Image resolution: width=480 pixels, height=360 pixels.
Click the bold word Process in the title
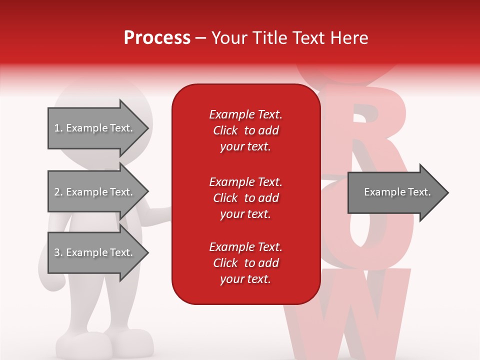pyautogui.click(x=157, y=38)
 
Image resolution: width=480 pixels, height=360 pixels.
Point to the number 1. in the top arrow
pyautogui.click(x=58, y=128)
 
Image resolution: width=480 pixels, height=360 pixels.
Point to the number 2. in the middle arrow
pyautogui.click(x=58, y=192)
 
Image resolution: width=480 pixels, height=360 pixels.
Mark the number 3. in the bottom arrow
pyautogui.click(x=58, y=252)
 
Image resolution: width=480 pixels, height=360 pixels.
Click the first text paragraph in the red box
pyautogui.click(x=245, y=130)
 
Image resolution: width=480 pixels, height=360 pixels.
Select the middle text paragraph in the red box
pyautogui.click(x=245, y=198)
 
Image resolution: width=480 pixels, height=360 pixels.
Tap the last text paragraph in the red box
pyautogui.click(x=245, y=263)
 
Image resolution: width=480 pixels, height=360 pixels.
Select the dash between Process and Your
pyautogui.click(x=201, y=38)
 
